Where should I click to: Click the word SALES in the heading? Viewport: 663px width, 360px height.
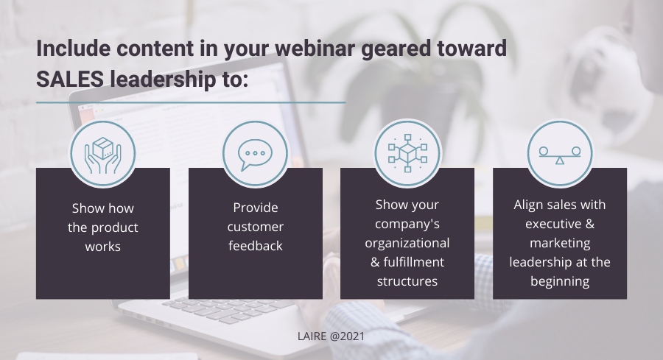(x=70, y=79)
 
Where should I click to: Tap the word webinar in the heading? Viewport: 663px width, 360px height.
(x=315, y=48)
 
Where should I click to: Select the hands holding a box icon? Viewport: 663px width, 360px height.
(x=102, y=155)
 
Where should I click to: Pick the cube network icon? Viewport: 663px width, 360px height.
(x=407, y=153)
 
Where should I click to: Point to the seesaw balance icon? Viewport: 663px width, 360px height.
(x=560, y=155)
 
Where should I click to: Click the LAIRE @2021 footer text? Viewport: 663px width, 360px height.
(x=331, y=336)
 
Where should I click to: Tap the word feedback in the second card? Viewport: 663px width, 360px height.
(x=256, y=246)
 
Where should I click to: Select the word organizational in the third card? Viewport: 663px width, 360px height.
(x=407, y=244)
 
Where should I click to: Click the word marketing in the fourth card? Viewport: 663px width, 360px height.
(x=560, y=244)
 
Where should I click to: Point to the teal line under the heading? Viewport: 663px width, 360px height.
(x=191, y=102)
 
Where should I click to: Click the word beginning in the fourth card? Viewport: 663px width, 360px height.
(x=560, y=282)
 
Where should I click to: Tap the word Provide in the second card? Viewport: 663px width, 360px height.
(x=256, y=208)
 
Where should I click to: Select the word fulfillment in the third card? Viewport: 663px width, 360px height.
(x=413, y=262)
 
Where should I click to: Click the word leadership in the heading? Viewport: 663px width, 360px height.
(x=163, y=79)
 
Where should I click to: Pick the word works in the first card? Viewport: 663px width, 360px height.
(x=102, y=247)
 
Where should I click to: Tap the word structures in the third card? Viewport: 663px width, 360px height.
(x=407, y=281)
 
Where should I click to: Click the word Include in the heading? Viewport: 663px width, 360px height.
(x=74, y=48)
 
